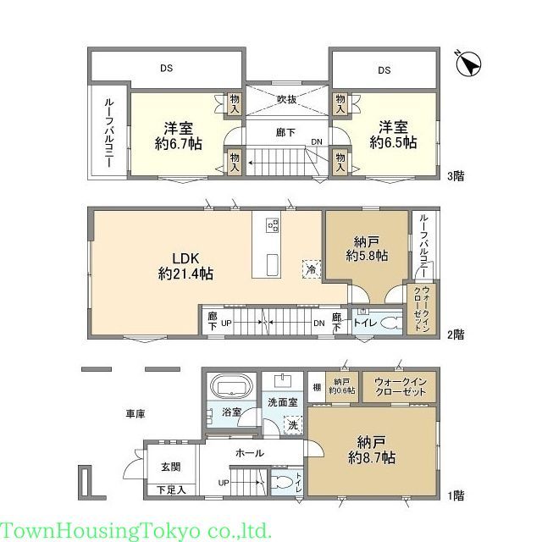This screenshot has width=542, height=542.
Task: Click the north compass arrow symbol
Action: coord(468,64)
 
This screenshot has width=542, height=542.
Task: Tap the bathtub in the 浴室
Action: coord(230,389)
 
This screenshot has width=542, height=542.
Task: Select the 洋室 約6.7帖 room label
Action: coord(178,135)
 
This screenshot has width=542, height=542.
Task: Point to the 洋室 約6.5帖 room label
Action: coord(393,135)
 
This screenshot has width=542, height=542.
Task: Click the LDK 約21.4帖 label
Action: coord(185,264)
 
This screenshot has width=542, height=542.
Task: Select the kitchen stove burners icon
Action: coord(273,224)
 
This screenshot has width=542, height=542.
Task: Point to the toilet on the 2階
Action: coord(387,322)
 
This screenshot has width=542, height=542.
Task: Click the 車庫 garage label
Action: coord(135,413)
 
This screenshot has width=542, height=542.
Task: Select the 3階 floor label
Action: coord(455,177)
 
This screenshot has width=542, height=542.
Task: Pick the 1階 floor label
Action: coord(455,494)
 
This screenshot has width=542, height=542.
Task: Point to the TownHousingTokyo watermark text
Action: coord(135,531)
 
